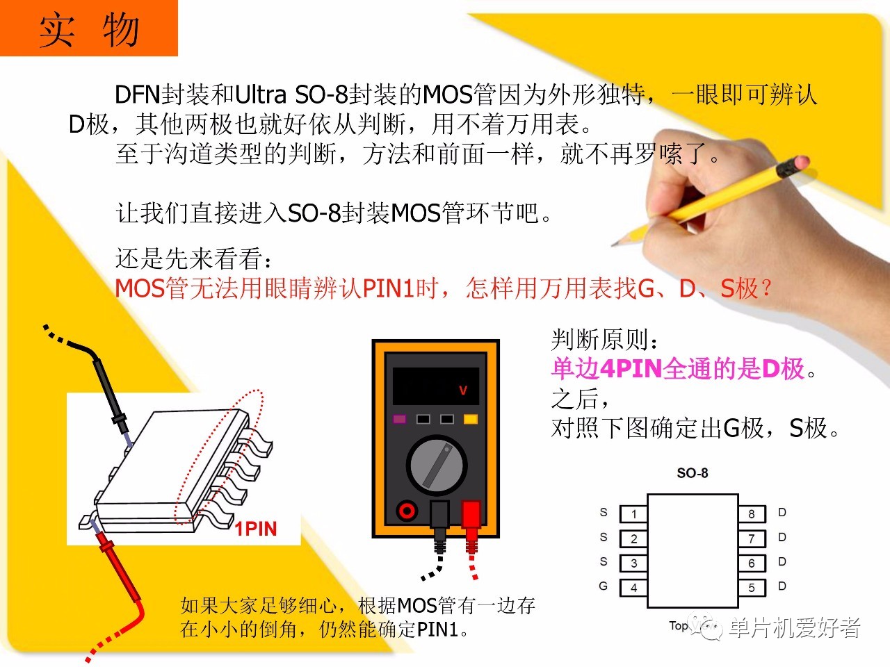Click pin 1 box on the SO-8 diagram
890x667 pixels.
[633, 514]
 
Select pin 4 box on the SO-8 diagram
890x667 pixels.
[633, 588]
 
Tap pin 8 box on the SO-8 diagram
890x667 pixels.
[752, 514]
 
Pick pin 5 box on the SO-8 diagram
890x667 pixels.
[752, 588]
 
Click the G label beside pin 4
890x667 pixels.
[604, 586]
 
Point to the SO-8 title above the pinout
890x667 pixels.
[692, 472]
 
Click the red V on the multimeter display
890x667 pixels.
[463, 390]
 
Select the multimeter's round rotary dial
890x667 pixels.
[437, 466]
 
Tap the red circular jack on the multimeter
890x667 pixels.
[407, 511]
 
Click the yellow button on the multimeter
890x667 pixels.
[470, 419]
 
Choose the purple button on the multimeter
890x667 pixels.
[399, 419]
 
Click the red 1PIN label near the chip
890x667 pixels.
[256, 529]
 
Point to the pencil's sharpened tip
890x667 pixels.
[613, 245]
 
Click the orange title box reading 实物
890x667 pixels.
[89, 28]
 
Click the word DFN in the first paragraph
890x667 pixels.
[138, 94]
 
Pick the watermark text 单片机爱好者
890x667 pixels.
[795, 628]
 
